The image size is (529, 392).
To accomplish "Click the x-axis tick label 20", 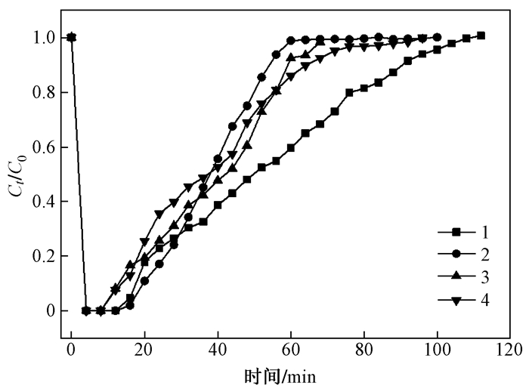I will pyautogui.click(x=145, y=350).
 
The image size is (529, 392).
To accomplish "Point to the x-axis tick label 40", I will pyautogui.click(x=218, y=350).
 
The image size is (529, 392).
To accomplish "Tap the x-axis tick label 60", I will pyautogui.click(x=292, y=350).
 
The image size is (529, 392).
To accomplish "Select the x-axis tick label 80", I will pyautogui.click(x=364, y=350).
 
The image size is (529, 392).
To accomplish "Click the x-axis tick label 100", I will pyautogui.click(x=438, y=350).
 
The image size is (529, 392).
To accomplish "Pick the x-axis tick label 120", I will pyautogui.click(x=511, y=350).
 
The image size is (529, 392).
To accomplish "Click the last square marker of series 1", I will pyautogui.click(x=481, y=35).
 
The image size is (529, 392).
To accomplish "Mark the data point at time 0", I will pyautogui.click(x=72, y=37).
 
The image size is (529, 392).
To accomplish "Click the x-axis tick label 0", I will pyautogui.click(x=72, y=350).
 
